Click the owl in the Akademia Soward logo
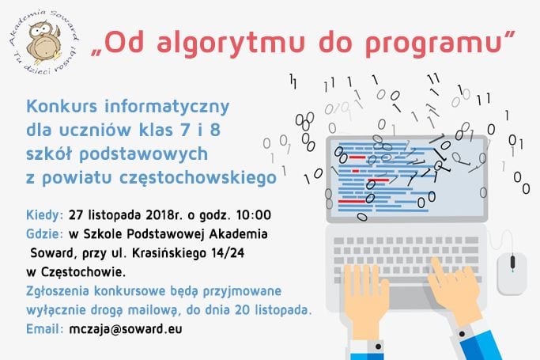click(x=44, y=43)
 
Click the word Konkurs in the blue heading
click(x=62, y=106)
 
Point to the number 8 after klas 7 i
click(x=215, y=130)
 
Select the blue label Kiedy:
click(x=45, y=215)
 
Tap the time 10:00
click(x=254, y=215)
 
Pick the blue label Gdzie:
click(x=45, y=234)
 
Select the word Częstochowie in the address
click(x=83, y=272)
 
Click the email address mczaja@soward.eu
click(x=126, y=329)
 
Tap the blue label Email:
click(x=45, y=329)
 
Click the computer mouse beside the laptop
click(x=512, y=273)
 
